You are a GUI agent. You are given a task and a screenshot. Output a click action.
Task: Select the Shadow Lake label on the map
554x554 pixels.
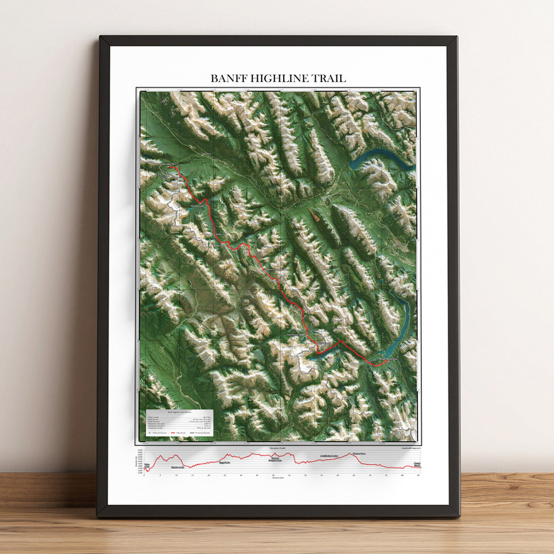tap(197, 206)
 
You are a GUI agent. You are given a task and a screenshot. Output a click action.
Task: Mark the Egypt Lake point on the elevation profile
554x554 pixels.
tap(224, 462)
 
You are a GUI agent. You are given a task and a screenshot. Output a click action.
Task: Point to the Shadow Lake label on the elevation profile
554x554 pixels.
tap(177, 468)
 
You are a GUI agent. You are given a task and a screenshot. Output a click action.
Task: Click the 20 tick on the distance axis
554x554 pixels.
tap(209, 475)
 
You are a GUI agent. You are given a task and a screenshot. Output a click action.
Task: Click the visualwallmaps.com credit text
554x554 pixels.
tap(408, 448)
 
